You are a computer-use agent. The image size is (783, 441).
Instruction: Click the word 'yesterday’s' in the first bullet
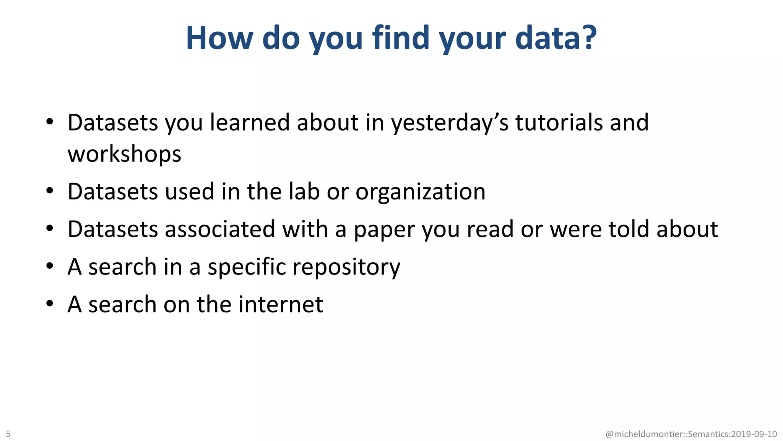pos(450,123)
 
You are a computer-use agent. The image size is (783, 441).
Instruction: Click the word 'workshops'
pos(124,154)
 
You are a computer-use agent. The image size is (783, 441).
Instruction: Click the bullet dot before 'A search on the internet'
pos(50,304)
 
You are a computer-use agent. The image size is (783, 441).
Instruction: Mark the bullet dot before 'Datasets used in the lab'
pos(50,191)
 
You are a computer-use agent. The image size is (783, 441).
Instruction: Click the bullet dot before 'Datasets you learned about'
pos(50,122)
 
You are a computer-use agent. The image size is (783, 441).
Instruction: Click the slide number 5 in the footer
pos(8,434)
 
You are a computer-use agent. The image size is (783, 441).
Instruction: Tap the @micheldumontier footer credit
pos(691,434)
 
